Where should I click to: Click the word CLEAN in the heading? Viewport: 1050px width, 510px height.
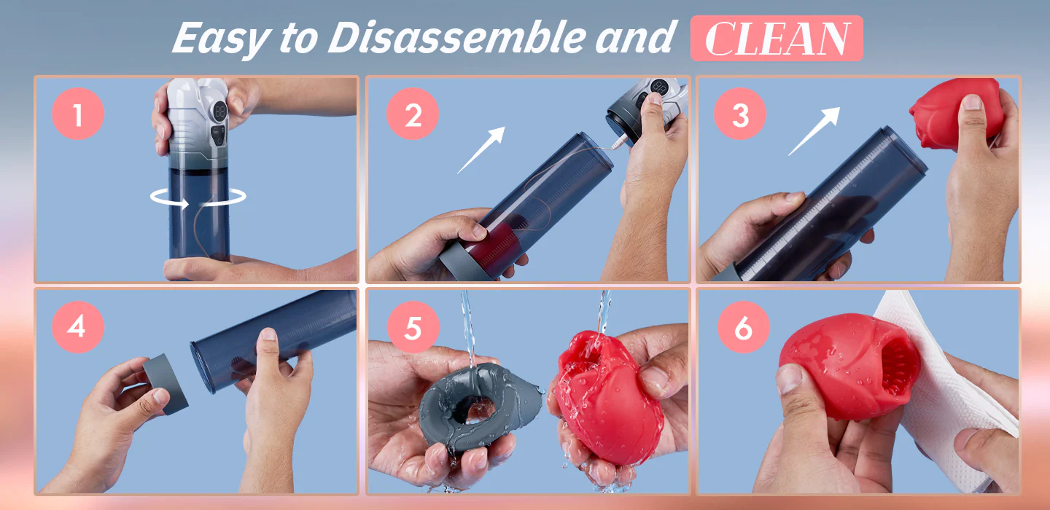click(777, 39)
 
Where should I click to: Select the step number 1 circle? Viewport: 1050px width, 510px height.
click(78, 114)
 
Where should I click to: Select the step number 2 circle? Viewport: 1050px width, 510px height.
click(413, 114)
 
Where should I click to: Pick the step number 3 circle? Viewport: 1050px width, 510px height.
click(739, 114)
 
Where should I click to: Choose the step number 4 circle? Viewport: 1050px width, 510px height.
click(78, 326)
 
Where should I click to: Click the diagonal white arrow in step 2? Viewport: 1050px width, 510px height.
click(481, 150)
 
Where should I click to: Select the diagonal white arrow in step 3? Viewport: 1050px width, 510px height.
click(814, 130)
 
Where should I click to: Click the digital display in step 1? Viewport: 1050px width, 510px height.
click(219, 112)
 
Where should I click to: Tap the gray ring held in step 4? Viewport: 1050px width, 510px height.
click(166, 384)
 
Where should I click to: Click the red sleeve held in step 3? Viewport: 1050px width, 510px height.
click(956, 114)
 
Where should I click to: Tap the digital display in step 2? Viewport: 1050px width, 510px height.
click(659, 87)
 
